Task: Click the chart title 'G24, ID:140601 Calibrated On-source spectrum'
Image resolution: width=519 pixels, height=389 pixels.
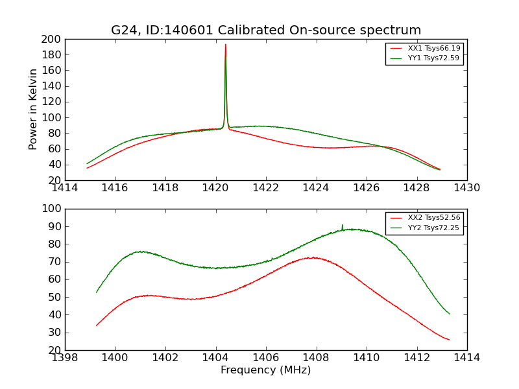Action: (266, 30)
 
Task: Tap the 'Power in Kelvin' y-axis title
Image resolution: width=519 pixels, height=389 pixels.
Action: (34, 110)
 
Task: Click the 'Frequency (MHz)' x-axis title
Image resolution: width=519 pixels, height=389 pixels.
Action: (265, 370)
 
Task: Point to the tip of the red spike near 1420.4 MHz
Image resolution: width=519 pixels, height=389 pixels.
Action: (225, 44)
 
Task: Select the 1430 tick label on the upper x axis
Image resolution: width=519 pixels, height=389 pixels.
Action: (466, 188)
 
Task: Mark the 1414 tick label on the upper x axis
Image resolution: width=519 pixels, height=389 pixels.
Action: (65, 188)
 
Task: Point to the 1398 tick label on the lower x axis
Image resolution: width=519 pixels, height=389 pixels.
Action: (65, 358)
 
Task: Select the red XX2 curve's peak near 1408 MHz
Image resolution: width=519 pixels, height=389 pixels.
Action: (313, 257)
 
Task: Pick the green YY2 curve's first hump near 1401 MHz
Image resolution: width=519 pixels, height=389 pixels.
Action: (140, 252)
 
